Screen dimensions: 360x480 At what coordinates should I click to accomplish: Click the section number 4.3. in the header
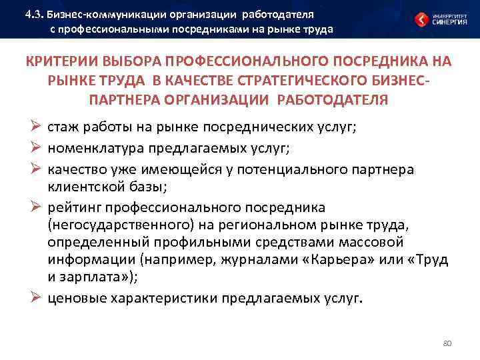coord(34,13)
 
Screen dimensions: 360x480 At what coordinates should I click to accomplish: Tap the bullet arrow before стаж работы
coord(37,127)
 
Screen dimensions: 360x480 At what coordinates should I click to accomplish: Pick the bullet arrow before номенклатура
coord(37,148)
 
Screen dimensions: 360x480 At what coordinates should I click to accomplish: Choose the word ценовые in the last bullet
coord(74,297)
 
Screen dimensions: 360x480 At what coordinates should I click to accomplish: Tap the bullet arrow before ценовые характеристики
coord(37,297)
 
